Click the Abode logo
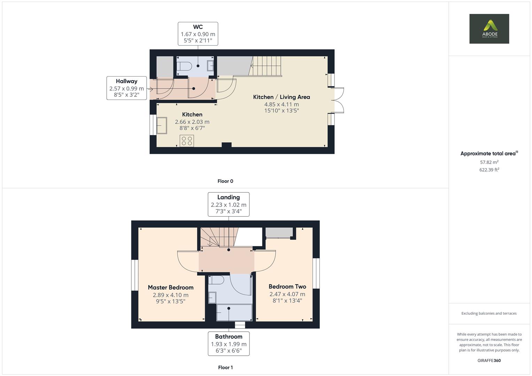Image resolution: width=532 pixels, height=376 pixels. click(x=489, y=29)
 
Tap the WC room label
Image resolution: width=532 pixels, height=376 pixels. click(x=198, y=27)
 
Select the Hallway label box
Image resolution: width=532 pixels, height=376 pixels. click(x=126, y=88)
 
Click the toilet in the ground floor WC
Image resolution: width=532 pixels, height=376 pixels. click(x=184, y=66)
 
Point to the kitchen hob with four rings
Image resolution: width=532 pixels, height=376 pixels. click(x=187, y=141)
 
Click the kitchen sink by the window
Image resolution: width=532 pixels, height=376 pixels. click(x=162, y=126)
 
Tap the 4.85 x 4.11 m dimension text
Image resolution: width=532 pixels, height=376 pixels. click(x=282, y=104)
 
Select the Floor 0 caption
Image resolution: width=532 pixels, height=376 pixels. click(x=225, y=181)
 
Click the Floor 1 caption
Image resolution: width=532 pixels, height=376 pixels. click(x=225, y=367)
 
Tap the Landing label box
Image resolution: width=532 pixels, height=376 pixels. click(x=229, y=204)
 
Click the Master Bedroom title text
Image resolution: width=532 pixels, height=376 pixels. click(x=170, y=288)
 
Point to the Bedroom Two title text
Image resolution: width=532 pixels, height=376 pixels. click(x=287, y=287)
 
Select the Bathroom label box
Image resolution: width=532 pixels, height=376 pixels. click(x=229, y=344)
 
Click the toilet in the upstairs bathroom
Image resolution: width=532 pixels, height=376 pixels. click(x=216, y=280)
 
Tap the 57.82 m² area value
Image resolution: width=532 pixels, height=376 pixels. click(x=489, y=162)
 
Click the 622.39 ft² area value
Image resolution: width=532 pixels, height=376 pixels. click(x=489, y=170)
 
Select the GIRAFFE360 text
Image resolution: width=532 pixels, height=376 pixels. click(x=489, y=360)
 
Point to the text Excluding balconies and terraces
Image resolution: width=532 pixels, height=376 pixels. click(x=489, y=313)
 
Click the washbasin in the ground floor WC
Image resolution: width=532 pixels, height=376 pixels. click(x=210, y=66)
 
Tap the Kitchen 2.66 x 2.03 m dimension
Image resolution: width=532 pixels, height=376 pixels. click(x=192, y=122)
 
